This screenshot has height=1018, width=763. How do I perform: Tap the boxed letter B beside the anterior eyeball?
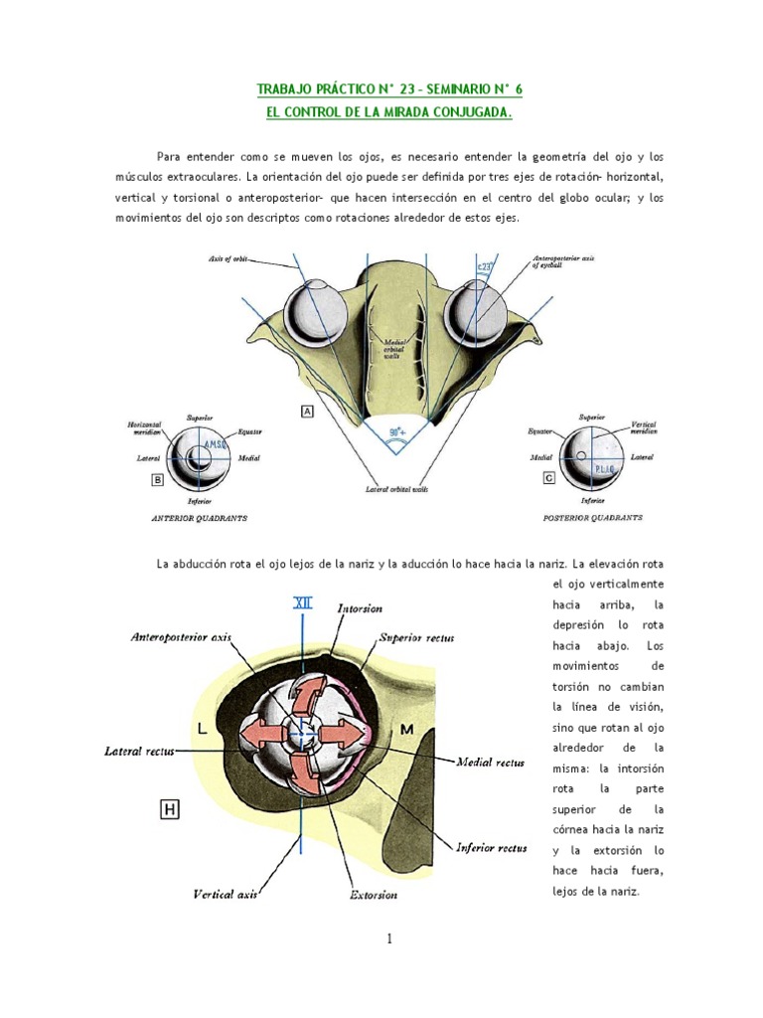pyautogui.click(x=156, y=480)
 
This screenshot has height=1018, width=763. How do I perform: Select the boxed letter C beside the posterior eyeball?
pyautogui.click(x=549, y=477)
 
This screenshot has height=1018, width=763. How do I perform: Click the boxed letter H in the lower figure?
pyautogui.click(x=170, y=810)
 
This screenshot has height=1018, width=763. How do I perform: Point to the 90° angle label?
pyautogui.click(x=396, y=433)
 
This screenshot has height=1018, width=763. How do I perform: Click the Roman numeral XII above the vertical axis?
pyautogui.click(x=301, y=602)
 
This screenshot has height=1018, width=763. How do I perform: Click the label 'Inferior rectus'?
pyautogui.click(x=492, y=848)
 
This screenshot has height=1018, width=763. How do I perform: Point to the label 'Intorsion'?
pyautogui.click(x=360, y=607)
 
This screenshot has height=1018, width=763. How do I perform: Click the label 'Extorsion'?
pyautogui.click(x=374, y=895)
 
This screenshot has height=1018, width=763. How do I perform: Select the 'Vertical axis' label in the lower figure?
pyautogui.click(x=226, y=895)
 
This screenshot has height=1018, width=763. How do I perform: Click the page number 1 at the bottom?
pyautogui.click(x=389, y=937)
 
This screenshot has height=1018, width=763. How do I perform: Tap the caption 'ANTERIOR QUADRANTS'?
pyautogui.click(x=199, y=519)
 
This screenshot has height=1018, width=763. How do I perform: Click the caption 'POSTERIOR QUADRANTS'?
pyautogui.click(x=592, y=518)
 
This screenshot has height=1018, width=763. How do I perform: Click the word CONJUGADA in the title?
pyautogui.click(x=467, y=112)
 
